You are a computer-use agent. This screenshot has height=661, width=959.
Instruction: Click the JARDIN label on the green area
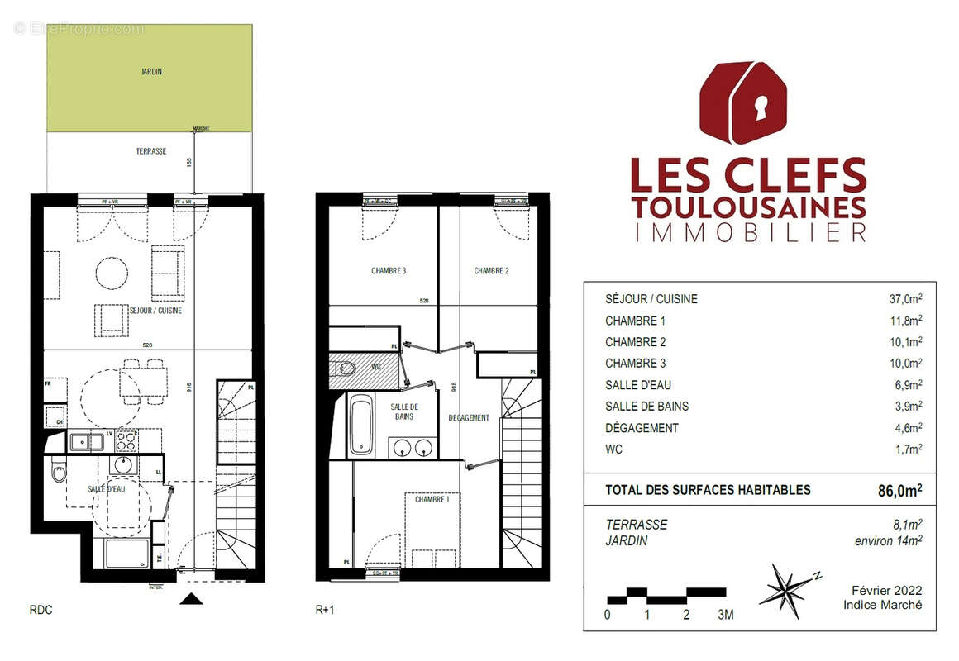[x=150, y=72]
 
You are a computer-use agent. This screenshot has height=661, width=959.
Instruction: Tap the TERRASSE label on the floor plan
[x=151, y=151]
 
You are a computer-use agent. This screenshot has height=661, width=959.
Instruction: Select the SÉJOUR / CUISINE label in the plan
[x=156, y=311]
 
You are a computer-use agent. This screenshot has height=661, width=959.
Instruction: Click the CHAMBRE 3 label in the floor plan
[x=388, y=271]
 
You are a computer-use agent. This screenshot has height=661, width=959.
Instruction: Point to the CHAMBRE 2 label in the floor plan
[x=491, y=271]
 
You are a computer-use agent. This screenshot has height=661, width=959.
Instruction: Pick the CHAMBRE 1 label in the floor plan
[x=432, y=500]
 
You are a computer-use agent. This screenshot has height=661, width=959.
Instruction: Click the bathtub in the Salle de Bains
[x=360, y=425]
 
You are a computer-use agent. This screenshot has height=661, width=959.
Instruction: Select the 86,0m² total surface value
[x=899, y=490]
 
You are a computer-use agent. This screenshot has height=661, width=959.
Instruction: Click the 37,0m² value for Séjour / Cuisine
[x=905, y=299]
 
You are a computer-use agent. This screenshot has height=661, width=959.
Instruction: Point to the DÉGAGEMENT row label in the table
[x=642, y=428]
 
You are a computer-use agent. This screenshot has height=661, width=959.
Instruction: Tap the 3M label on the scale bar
[x=725, y=615]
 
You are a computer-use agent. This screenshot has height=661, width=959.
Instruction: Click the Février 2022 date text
[x=886, y=591]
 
